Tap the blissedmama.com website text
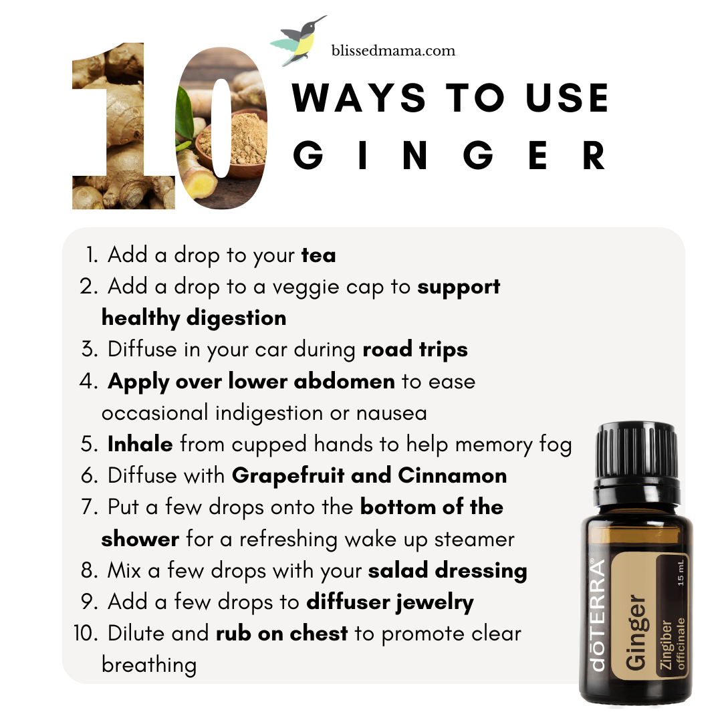click(x=393, y=50)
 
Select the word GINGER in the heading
click(x=449, y=155)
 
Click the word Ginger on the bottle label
click(x=636, y=632)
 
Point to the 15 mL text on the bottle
click(x=681, y=573)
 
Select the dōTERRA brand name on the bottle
click(x=598, y=615)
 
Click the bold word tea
click(x=319, y=255)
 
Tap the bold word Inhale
click(x=140, y=445)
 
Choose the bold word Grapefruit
click(x=288, y=476)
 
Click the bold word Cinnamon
click(x=452, y=476)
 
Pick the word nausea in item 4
click(x=391, y=414)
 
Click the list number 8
click(x=89, y=571)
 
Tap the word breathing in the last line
click(x=149, y=665)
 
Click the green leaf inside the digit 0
click(x=185, y=113)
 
